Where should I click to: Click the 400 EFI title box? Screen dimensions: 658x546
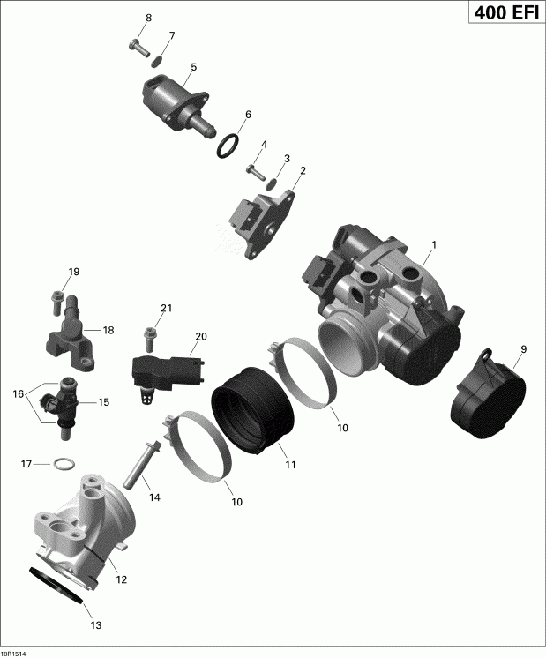(x=497, y=15)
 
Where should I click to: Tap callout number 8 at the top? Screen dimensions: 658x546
(x=148, y=18)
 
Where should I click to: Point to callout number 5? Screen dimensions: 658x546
(x=193, y=67)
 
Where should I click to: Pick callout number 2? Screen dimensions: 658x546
(x=303, y=170)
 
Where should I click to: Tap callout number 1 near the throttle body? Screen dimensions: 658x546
(x=432, y=243)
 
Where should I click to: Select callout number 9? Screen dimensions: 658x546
(x=522, y=350)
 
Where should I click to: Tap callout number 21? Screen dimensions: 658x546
(x=165, y=308)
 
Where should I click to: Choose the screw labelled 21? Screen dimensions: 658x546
(x=148, y=336)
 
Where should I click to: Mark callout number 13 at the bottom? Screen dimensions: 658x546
(x=96, y=625)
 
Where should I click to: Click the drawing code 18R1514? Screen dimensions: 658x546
(x=14, y=653)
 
